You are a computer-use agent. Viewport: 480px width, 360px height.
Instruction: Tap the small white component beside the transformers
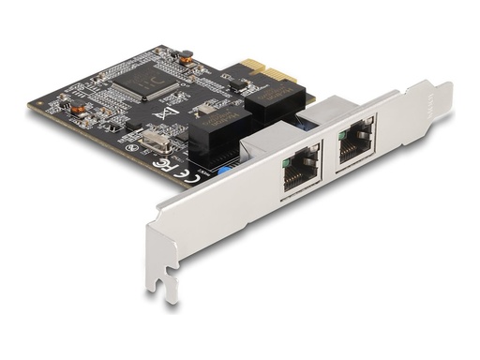[x=202, y=107]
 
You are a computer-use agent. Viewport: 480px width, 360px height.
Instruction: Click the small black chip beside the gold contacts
[x=237, y=82]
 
